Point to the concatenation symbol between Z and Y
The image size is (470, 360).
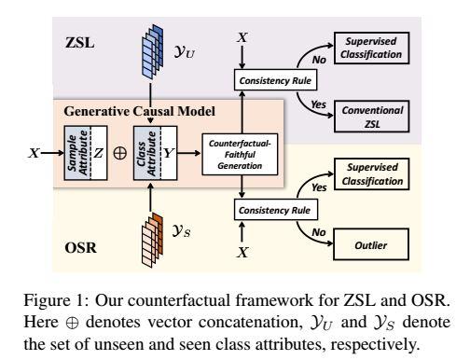(x=120, y=150)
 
